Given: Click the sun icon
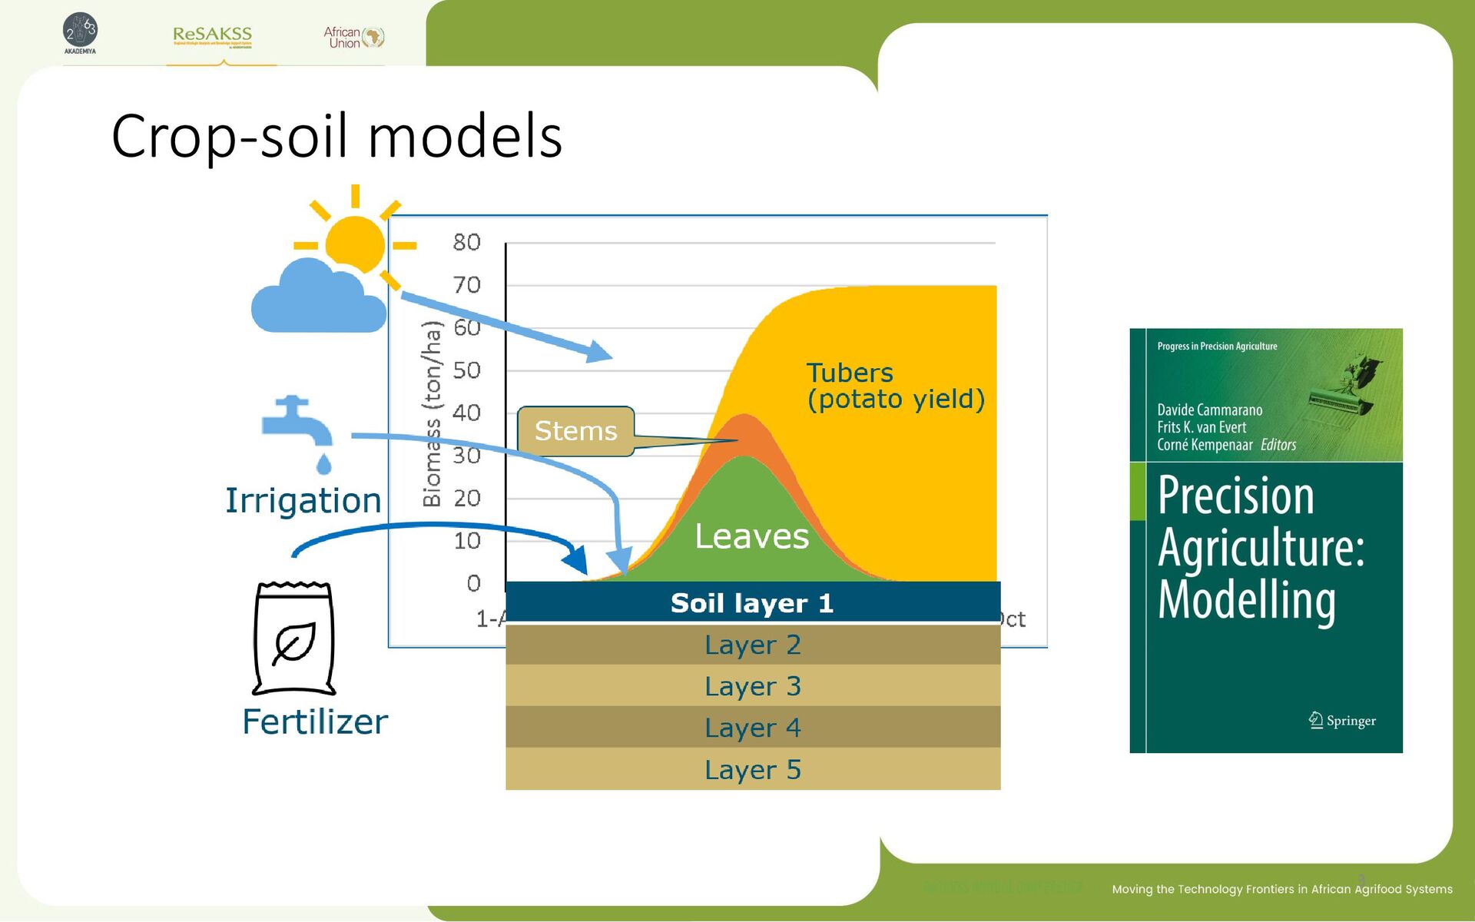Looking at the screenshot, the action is click(x=355, y=244).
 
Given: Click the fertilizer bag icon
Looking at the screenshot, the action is click(x=294, y=638).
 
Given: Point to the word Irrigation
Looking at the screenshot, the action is click(x=303, y=501).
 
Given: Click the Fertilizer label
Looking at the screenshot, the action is click(x=315, y=722).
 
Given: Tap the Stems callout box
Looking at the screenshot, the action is click(x=575, y=431).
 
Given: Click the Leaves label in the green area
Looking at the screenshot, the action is click(x=751, y=536).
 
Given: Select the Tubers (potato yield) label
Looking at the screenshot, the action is click(x=895, y=386).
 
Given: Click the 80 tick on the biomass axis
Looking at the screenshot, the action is click(x=466, y=243).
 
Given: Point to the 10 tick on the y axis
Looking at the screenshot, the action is click(x=466, y=541).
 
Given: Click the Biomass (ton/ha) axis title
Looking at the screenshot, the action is click(x=433, y=413).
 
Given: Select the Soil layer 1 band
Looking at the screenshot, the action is click(x=752, y=603).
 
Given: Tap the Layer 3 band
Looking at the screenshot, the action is click(x=752, y=686).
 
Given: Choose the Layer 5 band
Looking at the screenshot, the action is click(x=752, y=769).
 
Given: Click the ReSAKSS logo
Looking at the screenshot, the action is click(x=213, y=35).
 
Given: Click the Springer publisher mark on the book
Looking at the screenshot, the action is click(x=1342, y=721).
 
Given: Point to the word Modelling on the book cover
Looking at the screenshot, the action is click(x=1247, y=601).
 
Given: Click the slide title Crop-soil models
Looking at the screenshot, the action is click(x=336, y=136).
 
